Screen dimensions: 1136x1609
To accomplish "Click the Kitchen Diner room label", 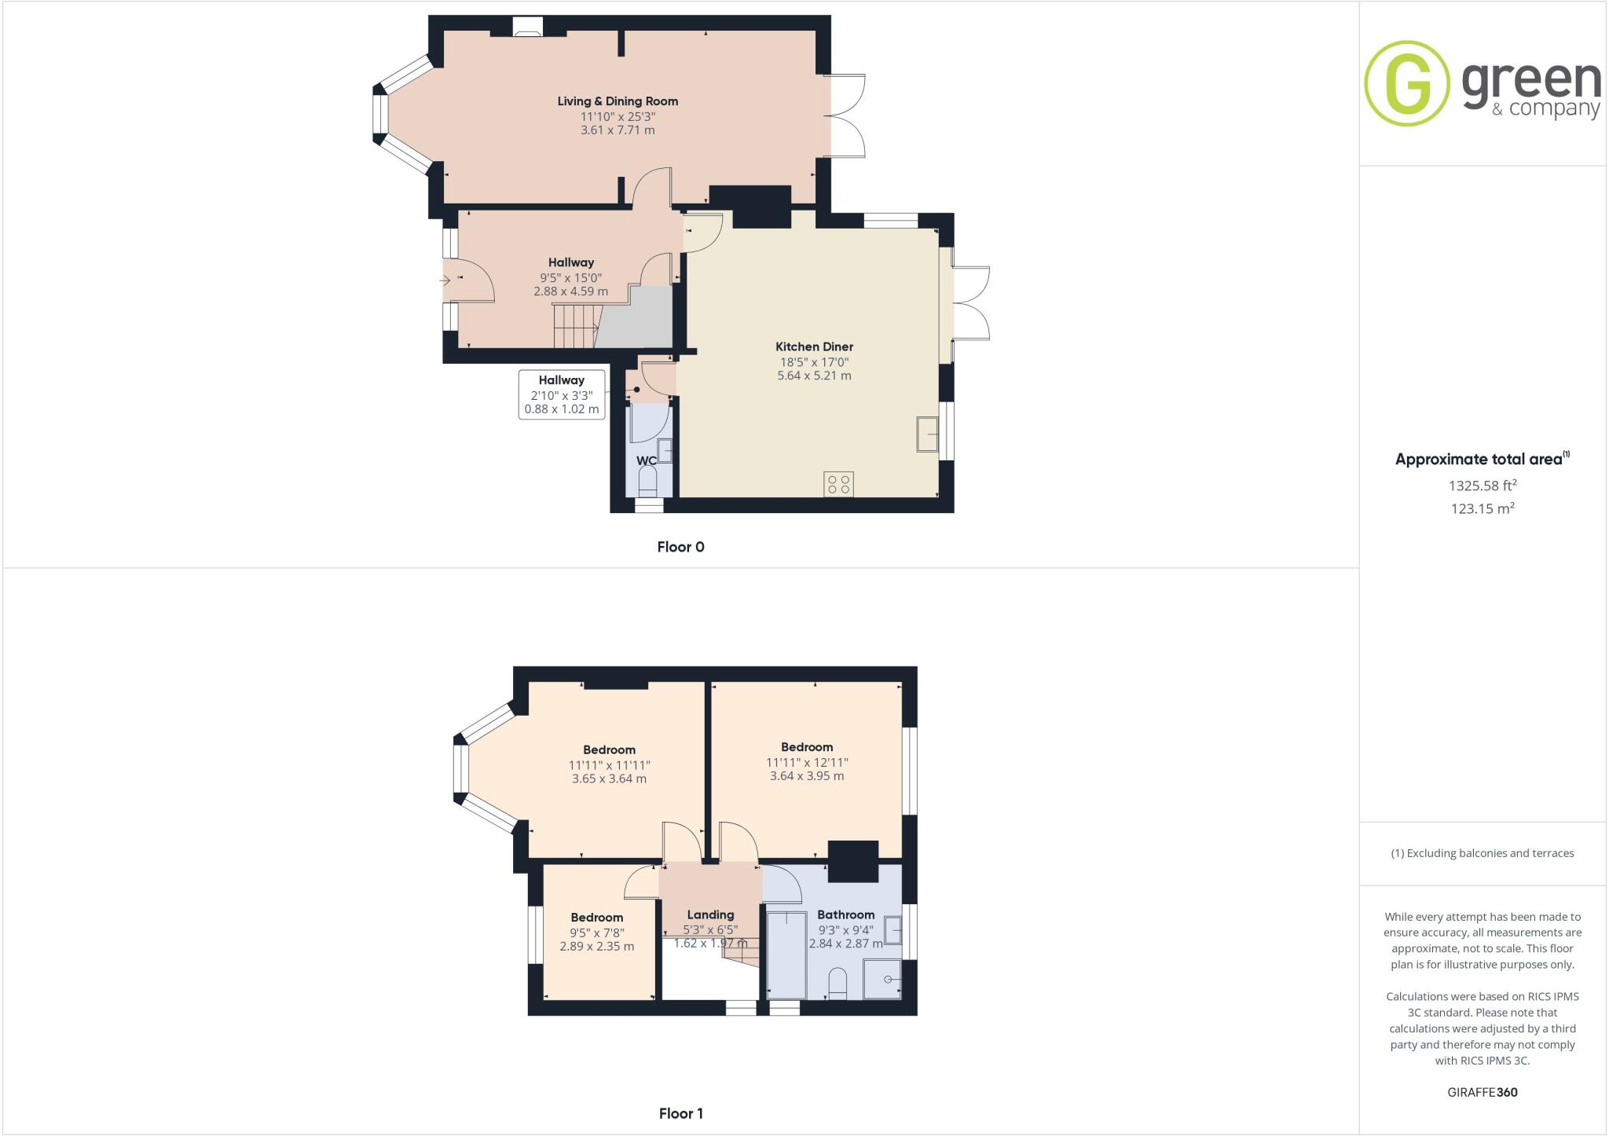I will pyautogui.click(x=814, y=346).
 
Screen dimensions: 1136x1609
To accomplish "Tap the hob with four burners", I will pyautogui.click(x=838, y=484).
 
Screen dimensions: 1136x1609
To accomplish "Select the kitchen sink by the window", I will pyautogui.click(x=927, y=434).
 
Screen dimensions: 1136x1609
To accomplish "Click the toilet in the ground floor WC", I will pyautogui.click(x=648, y=481).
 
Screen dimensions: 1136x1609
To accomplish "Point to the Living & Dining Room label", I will pyautogui.click(x=618, y=101).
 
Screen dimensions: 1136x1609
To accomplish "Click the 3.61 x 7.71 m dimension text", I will pyautogui.click(x=618, y=130).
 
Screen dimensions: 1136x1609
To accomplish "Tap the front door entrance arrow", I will pyautogui.click(x=447, y=279).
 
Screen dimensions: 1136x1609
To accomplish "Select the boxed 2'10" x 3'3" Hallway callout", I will pyautogui.click(x=562, y=394).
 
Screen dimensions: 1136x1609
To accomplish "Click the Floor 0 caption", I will pyautogui.click(x=680, y=548).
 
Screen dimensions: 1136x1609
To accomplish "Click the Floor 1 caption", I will pyautogui.click(x=680, y=1113).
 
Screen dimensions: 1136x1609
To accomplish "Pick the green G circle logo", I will pyautogui.click(x=1406, y=83).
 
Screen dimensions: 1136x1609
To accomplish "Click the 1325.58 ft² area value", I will pyautogui.click(x=1483, y=486).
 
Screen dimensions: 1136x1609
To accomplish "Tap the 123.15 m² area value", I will pyautogui.click(x=1483, y=508).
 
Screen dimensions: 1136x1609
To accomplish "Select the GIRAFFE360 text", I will pyautogui.click(x=1483, y=1092).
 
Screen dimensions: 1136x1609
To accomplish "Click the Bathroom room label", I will pyautogui.click(x=845, y=914).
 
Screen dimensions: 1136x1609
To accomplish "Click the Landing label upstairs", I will pyautogui.click(x=710, y=914).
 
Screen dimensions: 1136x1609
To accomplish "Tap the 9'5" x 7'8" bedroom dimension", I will pyautogui.click(x=597, y=933).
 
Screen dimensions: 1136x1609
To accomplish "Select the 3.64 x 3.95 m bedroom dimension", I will pyautogui.click(x=807, y=776).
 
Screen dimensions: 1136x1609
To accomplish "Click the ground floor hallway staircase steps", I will pyautogui.click(x=574, y=326).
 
